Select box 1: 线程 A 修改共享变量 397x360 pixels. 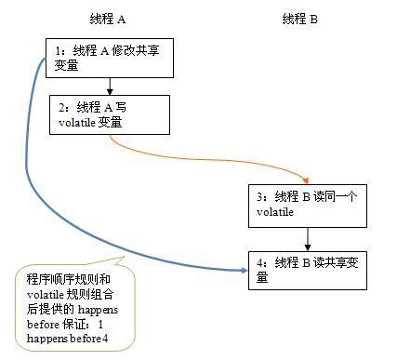click(110, 57)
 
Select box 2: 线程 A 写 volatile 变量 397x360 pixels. click(110, 113)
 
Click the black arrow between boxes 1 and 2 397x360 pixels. click(110, 86)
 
